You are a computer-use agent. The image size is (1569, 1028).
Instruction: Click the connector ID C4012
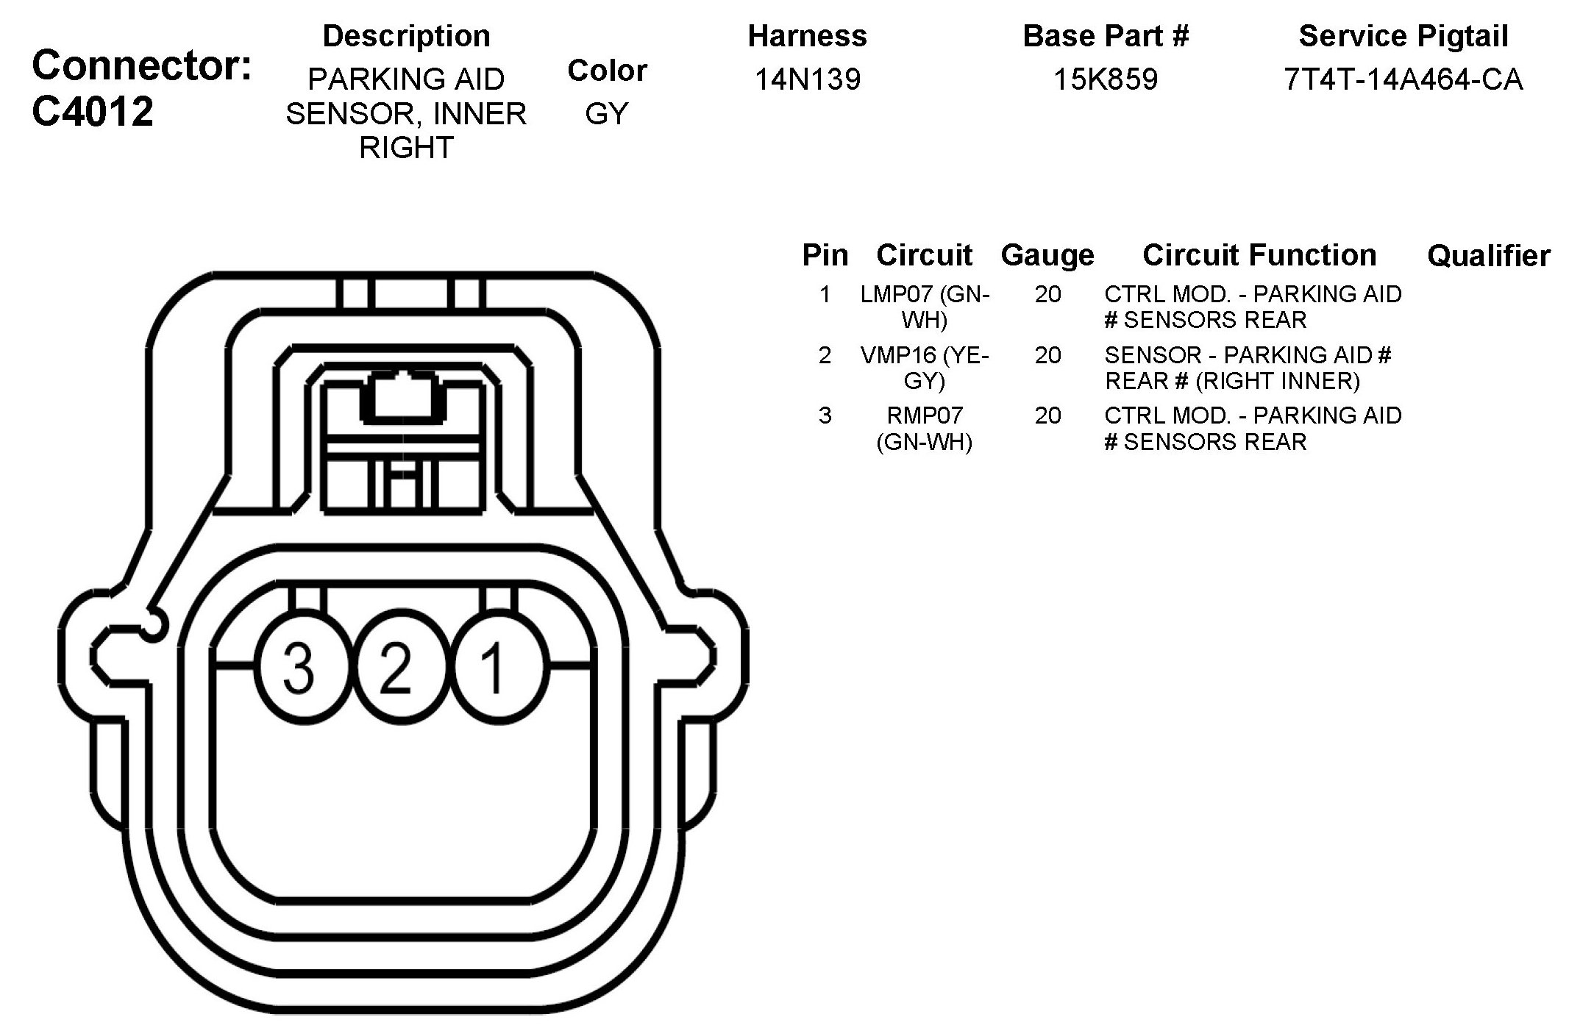[x=93, y=112]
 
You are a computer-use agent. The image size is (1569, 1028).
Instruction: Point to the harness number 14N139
[x=808, y=79]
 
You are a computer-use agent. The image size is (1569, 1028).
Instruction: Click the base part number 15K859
[x=1106, y=79]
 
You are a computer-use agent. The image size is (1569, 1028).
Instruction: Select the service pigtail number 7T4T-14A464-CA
[x=1403, y=79]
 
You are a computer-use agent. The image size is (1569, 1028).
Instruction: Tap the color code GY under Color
[x=607, y=114]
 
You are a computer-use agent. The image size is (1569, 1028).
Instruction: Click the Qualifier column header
[x=1488, y=256]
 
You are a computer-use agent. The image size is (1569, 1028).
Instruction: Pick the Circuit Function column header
[x=1259, y=255]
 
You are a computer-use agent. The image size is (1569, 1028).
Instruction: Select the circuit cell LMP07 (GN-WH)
[x=925, y=307]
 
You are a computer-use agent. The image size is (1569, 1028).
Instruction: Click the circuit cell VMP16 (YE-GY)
[x=925, y=368]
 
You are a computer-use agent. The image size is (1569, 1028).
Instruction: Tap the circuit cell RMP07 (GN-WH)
[x=925, y=429]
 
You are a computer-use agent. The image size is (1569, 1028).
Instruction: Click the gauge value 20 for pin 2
[x=1047, y=356]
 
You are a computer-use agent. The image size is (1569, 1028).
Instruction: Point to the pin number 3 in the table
[x=825, y=416]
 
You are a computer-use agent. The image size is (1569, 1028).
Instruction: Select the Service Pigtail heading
[x=1403, y=36]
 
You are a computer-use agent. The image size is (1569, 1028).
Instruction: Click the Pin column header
[x=825, y=255]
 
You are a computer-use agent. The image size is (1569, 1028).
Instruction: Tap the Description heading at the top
[x=406, y=36]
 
